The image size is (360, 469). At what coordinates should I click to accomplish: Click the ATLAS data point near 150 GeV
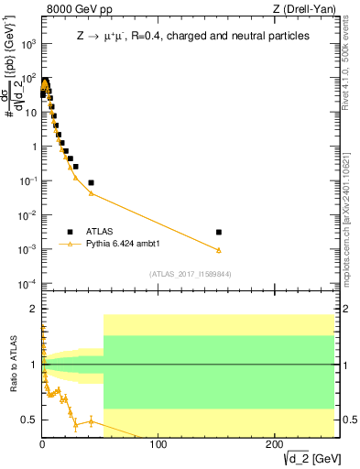click(218, 233)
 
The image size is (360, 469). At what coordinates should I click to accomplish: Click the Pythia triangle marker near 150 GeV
click(218, 250)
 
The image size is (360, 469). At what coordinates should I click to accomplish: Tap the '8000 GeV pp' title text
click(73, 9)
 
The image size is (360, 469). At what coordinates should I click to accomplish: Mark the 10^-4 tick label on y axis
click(28, 283)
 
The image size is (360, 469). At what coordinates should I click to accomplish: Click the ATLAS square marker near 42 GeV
click(91, 182)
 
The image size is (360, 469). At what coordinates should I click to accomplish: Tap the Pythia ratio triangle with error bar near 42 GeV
click(91, 421)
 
